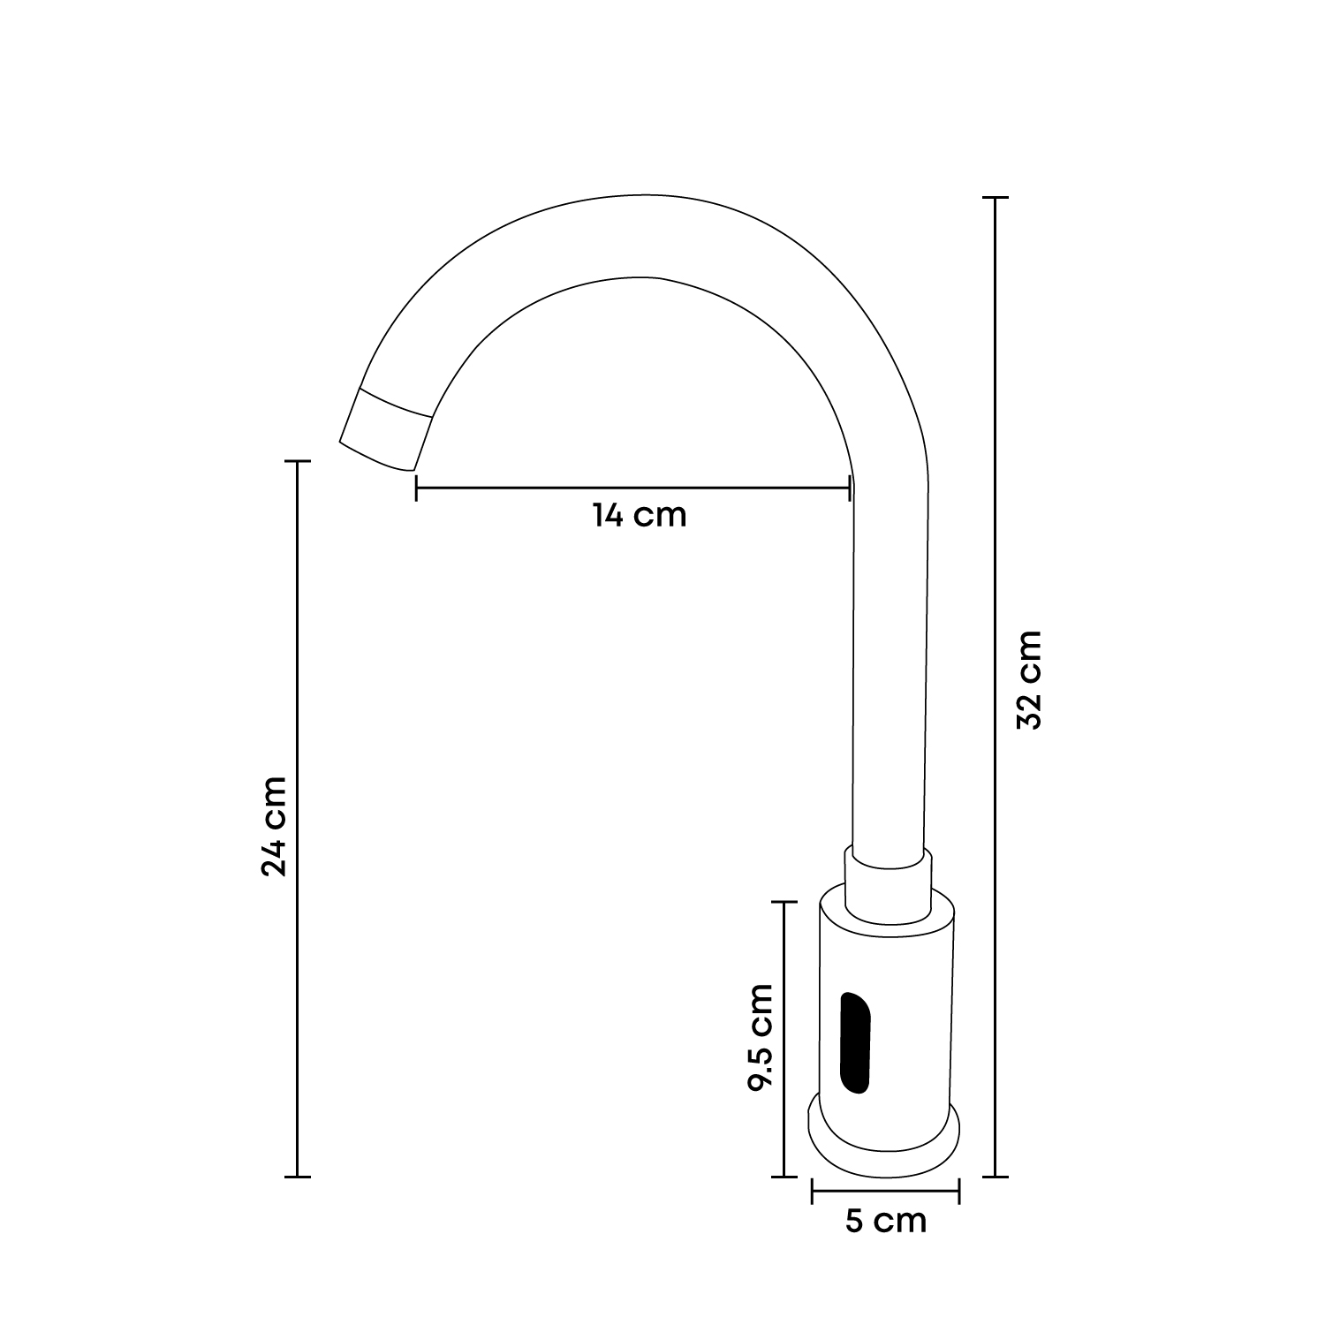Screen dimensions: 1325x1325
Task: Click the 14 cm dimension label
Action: (639, 515)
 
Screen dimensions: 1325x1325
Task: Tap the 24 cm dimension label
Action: (274, 826)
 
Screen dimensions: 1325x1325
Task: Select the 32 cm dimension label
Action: (1029, 679)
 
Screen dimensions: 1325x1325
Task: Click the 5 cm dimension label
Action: (886, 1221)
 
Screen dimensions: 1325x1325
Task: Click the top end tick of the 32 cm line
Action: (996, 198)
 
